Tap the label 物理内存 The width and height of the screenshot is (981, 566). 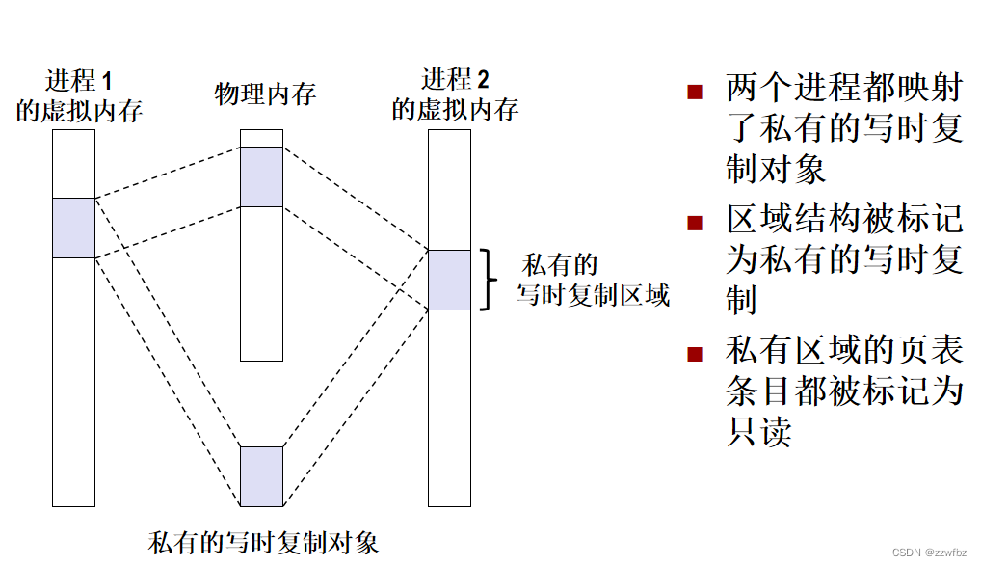[x=265, y=94]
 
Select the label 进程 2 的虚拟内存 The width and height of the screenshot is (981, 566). [x=455, y=94]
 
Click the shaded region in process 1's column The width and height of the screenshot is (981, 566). [x=73, y=228]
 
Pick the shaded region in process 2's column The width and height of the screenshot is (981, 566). [x=449, y=280]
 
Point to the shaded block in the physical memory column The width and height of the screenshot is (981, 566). [x=261, y=176]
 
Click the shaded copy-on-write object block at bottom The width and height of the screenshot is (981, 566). [x=261, y=476]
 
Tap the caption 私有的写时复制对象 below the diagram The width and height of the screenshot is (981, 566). [x=263, y=542]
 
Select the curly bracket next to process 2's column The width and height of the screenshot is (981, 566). [x=490, y=280]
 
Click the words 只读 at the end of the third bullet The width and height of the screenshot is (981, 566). [x=758, y=431]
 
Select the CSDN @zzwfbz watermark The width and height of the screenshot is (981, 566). [x=929, y=553]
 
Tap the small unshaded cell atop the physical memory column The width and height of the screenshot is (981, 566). [x=261, y=138]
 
